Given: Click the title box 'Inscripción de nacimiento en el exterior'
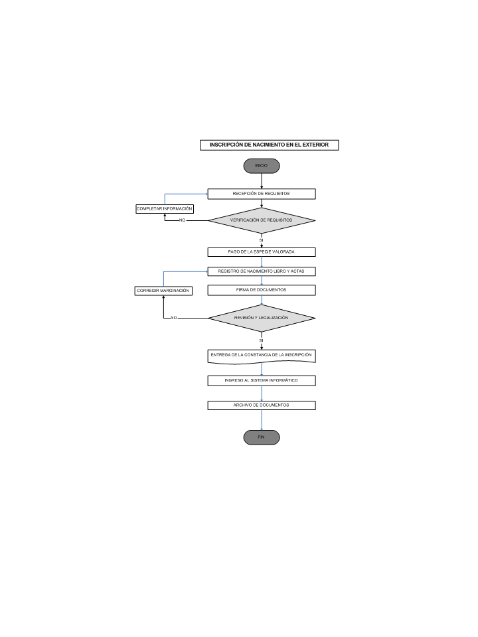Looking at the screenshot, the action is pos(269,145).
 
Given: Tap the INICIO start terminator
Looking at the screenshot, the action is pos(262,166).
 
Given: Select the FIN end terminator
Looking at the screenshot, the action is pos(262,437).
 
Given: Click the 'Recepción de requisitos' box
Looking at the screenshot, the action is pos(262,194).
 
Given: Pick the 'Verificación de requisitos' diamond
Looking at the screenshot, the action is pos(262,220).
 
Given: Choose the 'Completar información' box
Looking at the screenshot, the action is pos(165,209).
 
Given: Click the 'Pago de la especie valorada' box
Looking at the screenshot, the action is pos(262,252).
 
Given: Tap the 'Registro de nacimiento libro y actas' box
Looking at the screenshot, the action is pos(262,271).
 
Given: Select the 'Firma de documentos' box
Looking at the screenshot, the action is pos(262,290).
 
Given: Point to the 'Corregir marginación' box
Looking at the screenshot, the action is pos(163,291).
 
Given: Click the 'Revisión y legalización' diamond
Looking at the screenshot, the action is pos(262,318).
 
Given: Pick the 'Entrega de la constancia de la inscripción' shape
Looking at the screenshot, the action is pos(262,356).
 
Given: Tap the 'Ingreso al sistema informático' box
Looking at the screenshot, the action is pos(262,381).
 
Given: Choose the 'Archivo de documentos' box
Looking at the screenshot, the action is pos(262,405).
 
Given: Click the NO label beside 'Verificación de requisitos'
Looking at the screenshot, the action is pos(182,220).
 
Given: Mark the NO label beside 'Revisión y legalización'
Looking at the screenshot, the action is pos(173,318).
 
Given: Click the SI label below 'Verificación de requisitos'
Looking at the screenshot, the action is pos(261,240).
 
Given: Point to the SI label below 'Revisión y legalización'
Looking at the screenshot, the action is pos(261,340).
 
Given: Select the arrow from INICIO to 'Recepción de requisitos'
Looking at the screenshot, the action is pos(262,181).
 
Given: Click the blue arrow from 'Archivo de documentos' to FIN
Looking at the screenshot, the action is pos(262,420).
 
